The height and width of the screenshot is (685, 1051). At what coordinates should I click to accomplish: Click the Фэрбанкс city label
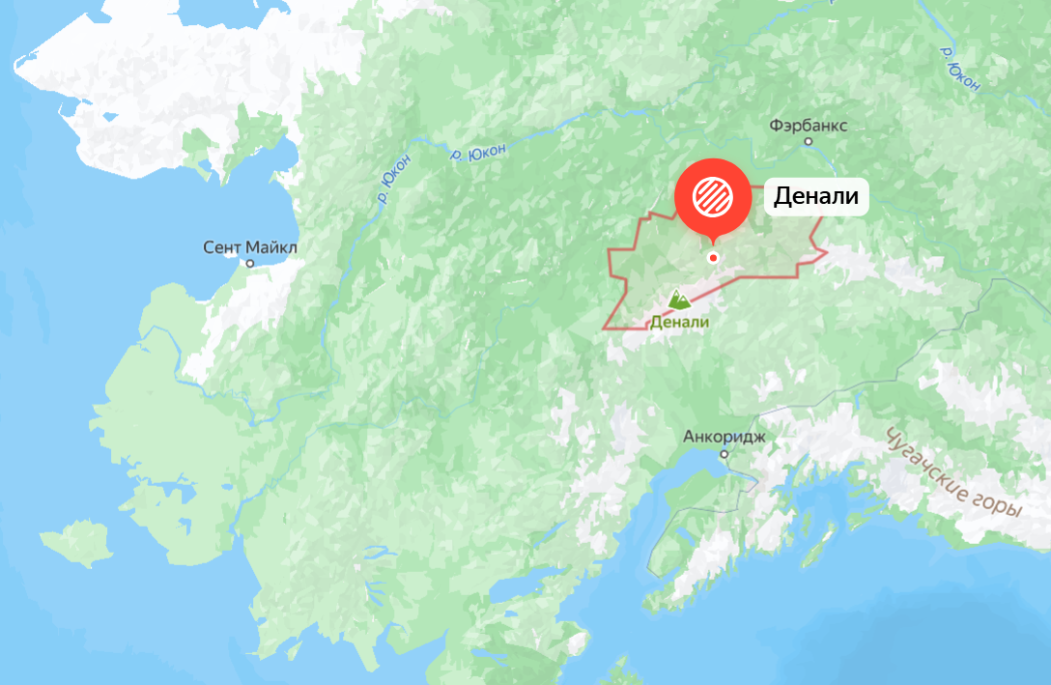coord(809,126)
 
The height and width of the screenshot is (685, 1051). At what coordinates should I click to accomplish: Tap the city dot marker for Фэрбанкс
coord(809,142)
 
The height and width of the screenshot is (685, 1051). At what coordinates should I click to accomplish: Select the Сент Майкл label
coord(250,247)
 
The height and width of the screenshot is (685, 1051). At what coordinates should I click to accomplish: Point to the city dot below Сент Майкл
coord(250,263)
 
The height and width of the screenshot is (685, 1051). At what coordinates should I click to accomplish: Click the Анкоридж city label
coord(724,436)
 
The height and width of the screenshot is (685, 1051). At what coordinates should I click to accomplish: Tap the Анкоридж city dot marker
coord(724,452)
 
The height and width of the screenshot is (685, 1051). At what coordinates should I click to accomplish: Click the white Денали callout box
coord(816,197)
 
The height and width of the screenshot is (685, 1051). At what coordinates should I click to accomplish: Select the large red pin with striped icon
coord(713,196)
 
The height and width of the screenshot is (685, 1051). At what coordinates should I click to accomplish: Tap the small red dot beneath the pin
coord(713,257)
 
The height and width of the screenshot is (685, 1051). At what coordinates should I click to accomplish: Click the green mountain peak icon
coord(679,300)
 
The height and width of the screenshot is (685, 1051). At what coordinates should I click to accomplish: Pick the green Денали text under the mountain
coord(679,323)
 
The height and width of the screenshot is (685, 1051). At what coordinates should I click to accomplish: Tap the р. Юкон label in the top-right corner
coord(959,68)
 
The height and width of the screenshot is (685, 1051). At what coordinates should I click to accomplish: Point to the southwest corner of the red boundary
coord(604,328)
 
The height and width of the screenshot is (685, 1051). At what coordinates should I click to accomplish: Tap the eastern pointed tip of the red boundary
coord(827,253)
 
